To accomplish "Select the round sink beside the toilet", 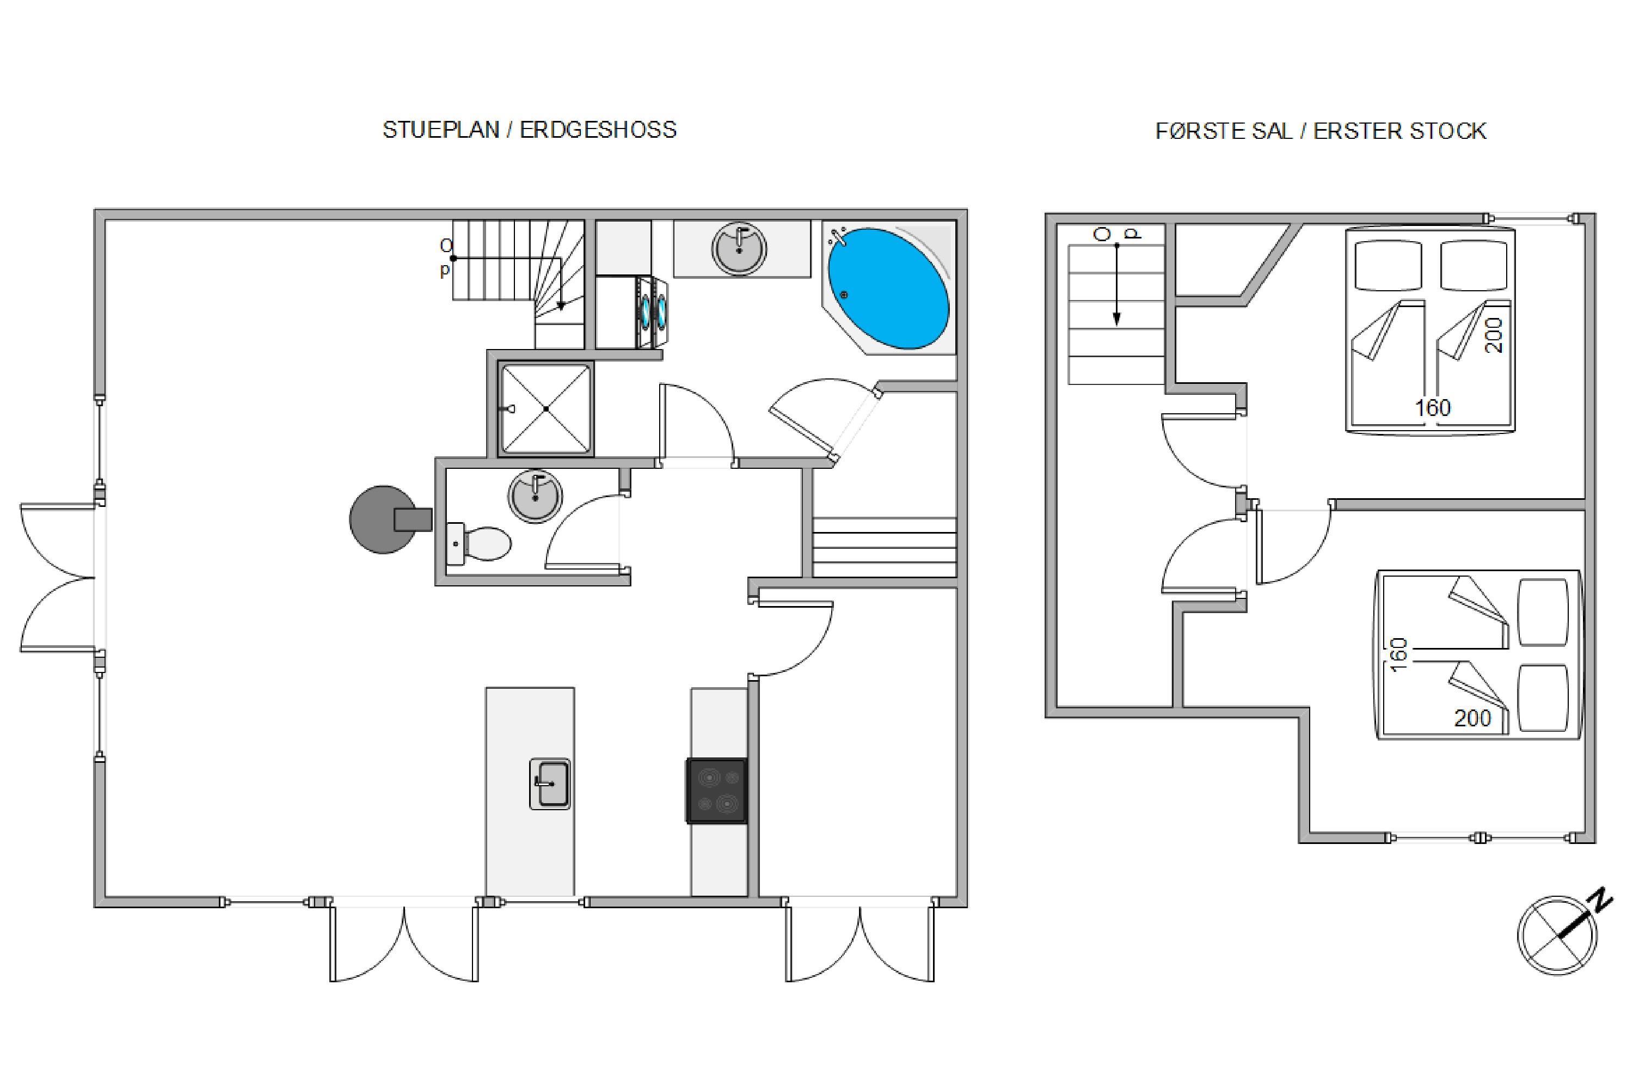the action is click(535, 496).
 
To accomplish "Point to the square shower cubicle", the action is click(546, 408).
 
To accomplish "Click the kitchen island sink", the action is click(550, 784).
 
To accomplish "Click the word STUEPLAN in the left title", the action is click(441, 130).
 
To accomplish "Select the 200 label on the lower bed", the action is click(1472, 718).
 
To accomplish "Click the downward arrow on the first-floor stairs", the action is click(1116, 285).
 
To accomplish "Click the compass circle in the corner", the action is click(1558, 935).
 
